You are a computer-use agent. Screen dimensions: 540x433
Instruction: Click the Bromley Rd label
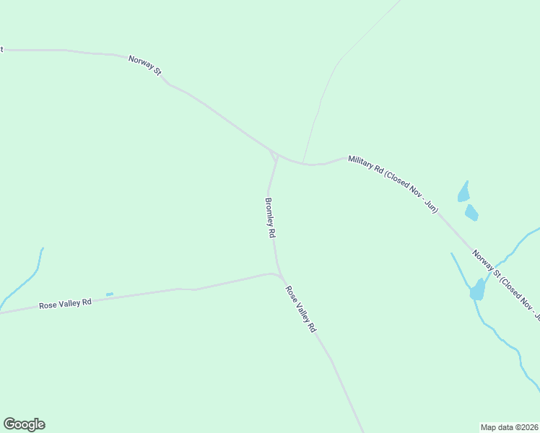(x=271, y=219)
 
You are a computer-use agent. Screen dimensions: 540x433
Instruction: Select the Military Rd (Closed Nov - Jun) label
(x=393, y=184)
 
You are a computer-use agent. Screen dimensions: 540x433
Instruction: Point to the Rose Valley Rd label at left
(x=65, y=304)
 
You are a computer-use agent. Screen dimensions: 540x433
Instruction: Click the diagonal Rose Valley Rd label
(x=300, y=309)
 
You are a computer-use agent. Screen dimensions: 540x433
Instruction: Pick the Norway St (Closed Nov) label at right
(x=505, y=284)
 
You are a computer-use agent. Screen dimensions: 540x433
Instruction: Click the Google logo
(x=24, y=424)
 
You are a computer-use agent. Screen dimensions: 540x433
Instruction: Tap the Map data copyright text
(x=510, y=427)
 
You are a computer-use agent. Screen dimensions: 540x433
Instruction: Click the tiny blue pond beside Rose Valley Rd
(x=110, y=294)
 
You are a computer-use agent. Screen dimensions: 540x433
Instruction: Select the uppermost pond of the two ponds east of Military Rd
(x=463, y=193)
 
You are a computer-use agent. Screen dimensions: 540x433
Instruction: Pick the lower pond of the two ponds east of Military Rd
(x=471, y=213)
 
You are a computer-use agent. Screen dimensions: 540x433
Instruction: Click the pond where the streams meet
(x=477, y=290)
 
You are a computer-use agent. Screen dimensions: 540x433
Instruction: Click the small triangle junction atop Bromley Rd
(x=274, y=154)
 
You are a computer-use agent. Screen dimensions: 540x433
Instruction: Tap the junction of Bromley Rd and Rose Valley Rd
(x=279, y=274)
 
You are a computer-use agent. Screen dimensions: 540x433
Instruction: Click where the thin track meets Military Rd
(x=303, y=163)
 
